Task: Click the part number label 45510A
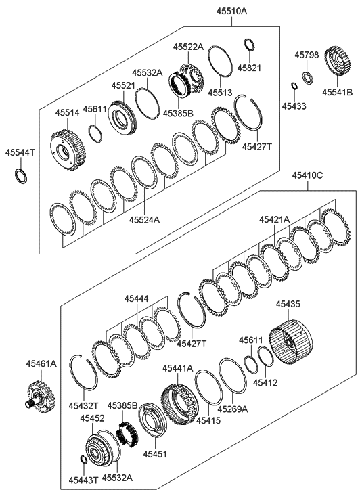pos(231,12)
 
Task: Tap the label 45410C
pos(307,175)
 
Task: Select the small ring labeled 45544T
pos(22,176)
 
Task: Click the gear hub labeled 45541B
pos(337,62)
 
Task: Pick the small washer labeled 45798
pos(307,78)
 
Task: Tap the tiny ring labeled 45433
pos(294,86)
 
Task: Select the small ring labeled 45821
pos(250,44)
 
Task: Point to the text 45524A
pos(144,220)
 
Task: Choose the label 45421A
pos(274,220)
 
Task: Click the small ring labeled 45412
pos(266,356)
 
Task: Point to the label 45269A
pos(233,409)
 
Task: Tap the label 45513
pos(220,93)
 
